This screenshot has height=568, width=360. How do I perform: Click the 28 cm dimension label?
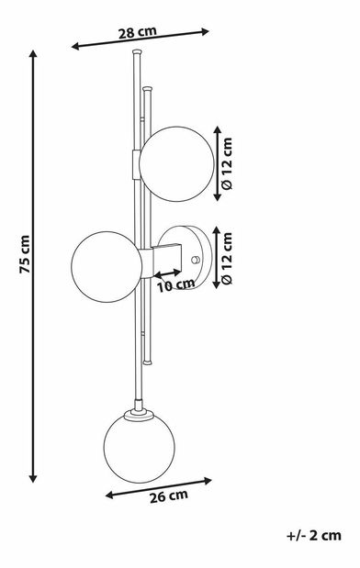tap(138, 32)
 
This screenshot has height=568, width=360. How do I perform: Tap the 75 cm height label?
tap(25, 254)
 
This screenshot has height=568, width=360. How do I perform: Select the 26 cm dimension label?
tap(169, 496)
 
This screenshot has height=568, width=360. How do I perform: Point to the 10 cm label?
tap(175, 285)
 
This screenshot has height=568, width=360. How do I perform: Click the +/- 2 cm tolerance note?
tap(314, 535)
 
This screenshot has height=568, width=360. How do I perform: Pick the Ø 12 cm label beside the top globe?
tap(227, 163)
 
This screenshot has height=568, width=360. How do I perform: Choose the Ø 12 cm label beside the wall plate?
tap(227, 258)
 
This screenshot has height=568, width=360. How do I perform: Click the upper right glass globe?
tap(177, 163)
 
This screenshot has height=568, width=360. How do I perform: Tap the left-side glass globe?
tap(107, 267)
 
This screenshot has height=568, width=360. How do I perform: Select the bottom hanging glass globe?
tap(140, 448)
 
